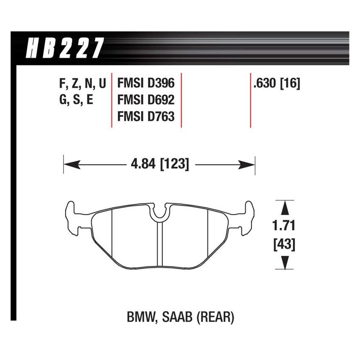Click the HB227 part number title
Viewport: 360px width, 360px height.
(65, 48)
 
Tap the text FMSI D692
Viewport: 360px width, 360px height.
(146, 100)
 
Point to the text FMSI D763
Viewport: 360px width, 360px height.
(146, 116)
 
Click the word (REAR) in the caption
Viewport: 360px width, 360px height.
(217, 317)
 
